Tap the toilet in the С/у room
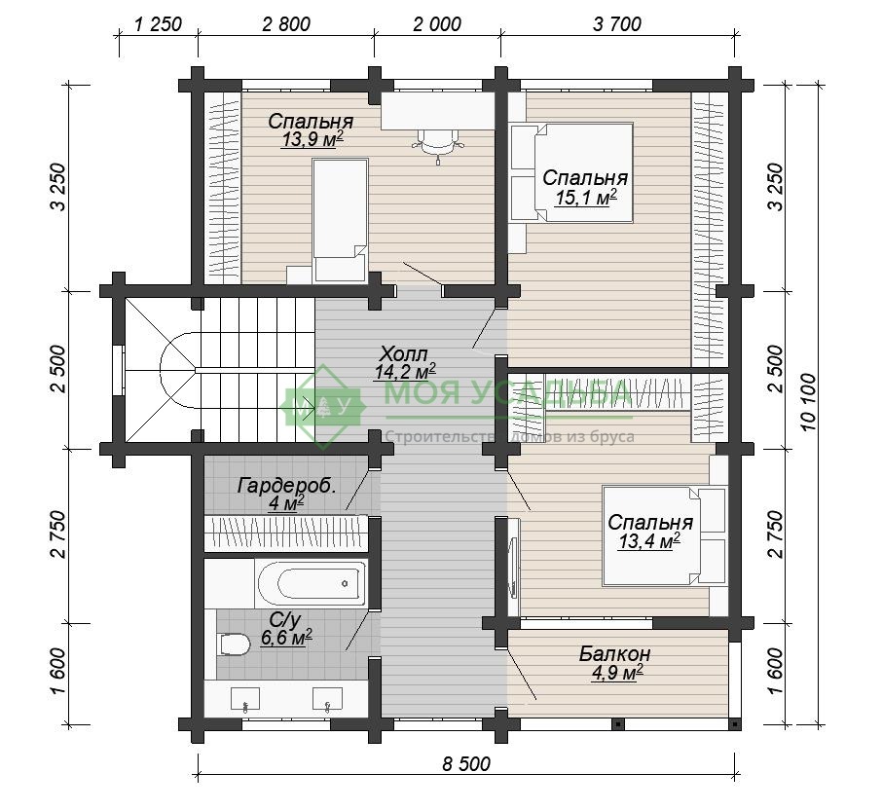235,644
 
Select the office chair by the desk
439,144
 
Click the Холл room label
404,354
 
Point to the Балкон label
615,653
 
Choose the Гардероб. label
287,485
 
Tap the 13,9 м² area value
312,139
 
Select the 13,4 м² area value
649,541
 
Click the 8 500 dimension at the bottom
466,764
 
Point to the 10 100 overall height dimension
809,401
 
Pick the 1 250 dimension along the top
159,24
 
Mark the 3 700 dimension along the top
617,24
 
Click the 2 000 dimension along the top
437,24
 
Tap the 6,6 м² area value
287,639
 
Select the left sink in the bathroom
246,698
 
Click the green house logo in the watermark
322,407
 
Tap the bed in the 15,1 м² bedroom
572,172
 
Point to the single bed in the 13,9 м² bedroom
340,220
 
